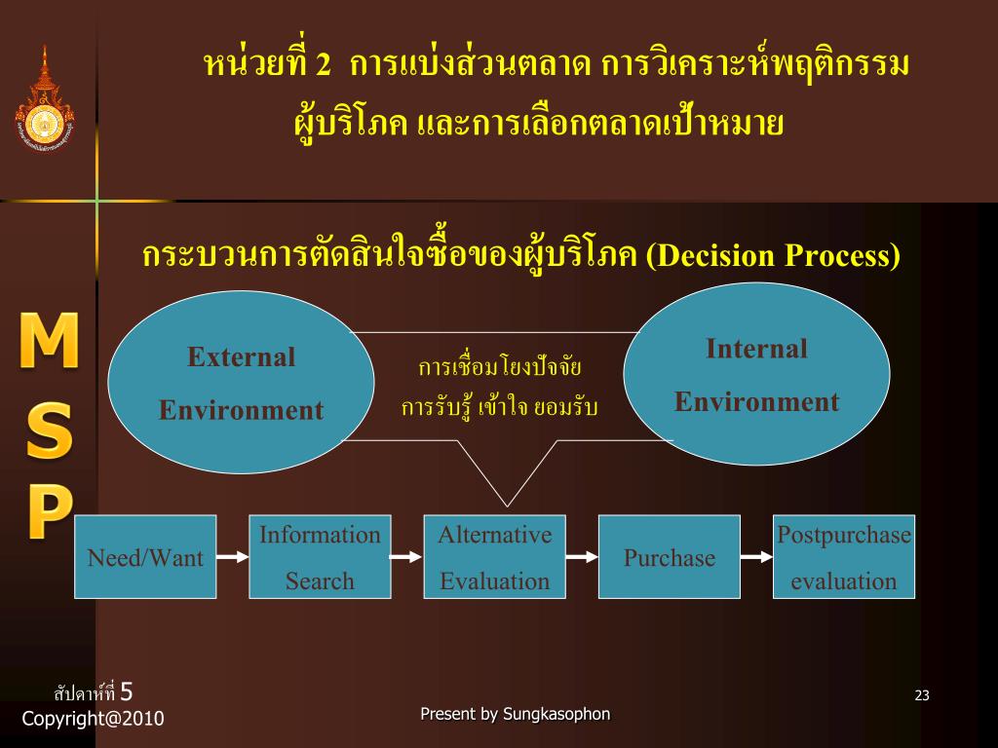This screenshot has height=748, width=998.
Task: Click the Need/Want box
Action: [145, 557]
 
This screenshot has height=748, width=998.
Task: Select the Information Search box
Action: [320, 557]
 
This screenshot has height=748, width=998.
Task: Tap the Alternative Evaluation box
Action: [494, 557]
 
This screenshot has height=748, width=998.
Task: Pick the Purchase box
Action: [669, 557]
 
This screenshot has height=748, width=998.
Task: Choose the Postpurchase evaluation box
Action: [844, 557]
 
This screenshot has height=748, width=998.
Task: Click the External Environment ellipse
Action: [241, 383]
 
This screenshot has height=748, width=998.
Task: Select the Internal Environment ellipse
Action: [756, 375]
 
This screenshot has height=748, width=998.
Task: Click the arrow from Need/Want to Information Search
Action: [232, 557]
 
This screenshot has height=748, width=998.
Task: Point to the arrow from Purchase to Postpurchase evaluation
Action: [756, 557]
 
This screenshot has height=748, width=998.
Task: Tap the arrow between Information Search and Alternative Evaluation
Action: [406, 557]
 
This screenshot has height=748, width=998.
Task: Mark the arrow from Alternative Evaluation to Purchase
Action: [582, 557]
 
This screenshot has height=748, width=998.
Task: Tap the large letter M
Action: [49, 340]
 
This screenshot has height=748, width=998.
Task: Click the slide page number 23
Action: [922, 695]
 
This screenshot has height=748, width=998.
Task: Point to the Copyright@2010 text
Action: [93, 719]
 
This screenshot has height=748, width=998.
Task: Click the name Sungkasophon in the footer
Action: [557, 714]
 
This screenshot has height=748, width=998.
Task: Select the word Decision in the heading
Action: [715, 256]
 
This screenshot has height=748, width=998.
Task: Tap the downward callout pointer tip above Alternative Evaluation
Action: [507, 505]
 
